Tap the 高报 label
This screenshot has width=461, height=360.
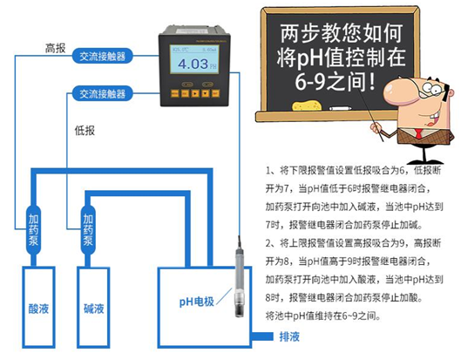[x=55, y=48]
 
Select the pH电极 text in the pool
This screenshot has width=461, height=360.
[x=193, y=301]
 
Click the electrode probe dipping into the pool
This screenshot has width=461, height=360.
[x=237, y=288]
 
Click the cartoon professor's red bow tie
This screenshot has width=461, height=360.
[x=417, y=132]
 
